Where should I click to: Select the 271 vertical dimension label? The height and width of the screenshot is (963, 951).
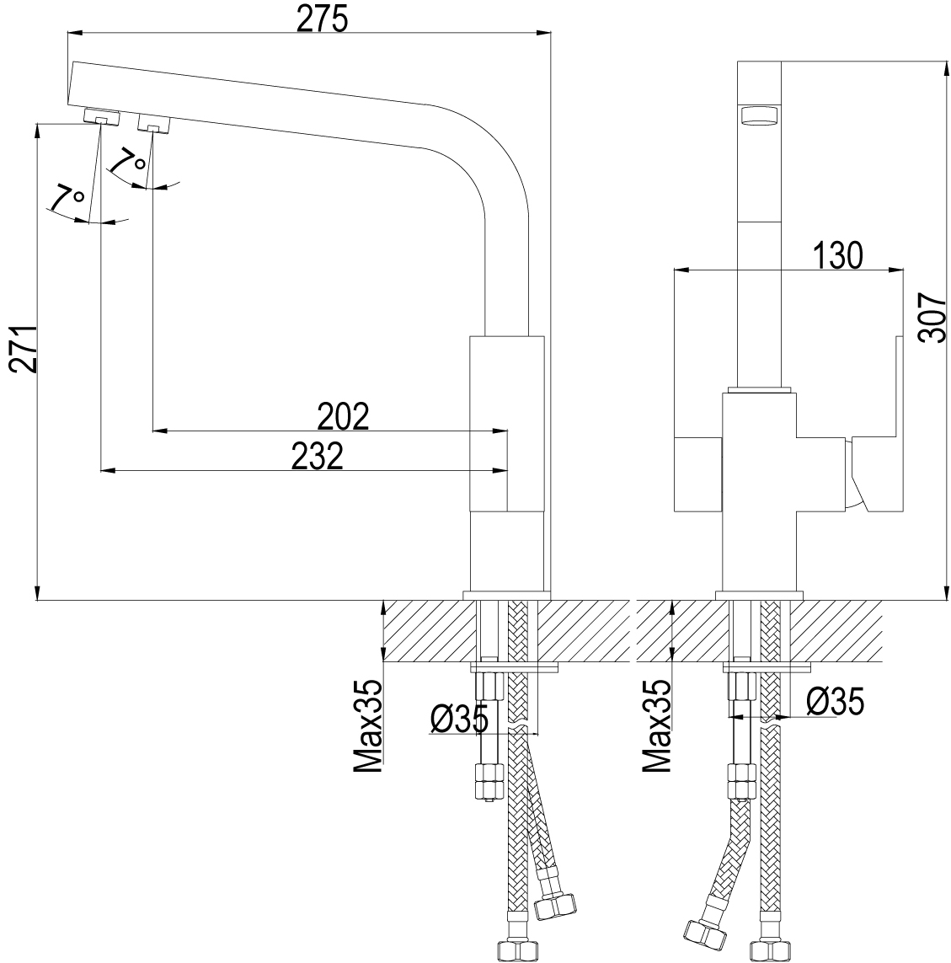(x=24, y=350)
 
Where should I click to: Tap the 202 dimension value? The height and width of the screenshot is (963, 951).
(x=343, y=417)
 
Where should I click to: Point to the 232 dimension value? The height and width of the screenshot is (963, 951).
(x=317, y=457)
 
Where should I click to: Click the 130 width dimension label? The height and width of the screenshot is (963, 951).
(x=838, y=255)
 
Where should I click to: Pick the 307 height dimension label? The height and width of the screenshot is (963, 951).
(x=932, y=318)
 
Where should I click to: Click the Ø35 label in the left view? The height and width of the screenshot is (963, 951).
(x=459, y=719)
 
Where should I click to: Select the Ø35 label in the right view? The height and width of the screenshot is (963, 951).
(x=835, y=701)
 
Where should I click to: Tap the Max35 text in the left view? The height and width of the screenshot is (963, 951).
(x=368, y=726)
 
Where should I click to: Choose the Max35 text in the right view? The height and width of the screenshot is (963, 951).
(x=657, y=726)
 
